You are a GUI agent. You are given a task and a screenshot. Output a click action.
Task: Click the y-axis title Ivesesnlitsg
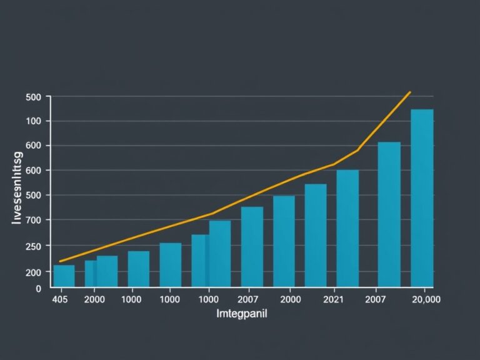(17, 184)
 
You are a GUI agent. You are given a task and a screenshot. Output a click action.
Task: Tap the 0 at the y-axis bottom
(37, 289)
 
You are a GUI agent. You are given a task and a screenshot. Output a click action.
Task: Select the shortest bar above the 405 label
(64, 276)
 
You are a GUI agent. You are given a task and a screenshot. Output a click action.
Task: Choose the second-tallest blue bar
(389, 214)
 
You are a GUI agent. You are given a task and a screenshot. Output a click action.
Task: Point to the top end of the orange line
(410, 92)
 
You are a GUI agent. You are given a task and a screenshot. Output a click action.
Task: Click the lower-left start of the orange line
(59, 261)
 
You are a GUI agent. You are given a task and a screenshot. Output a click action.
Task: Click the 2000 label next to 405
(94, 299)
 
